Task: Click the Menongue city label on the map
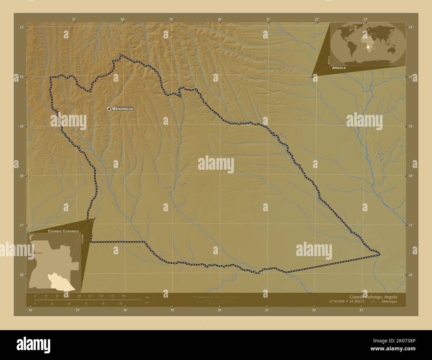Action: click(x=123, y=109)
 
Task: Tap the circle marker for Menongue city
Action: click(x=109, y=109)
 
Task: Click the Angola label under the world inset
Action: click(x=339, y=67)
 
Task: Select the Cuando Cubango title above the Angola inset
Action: click(x=63, y=231)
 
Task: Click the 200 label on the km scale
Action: click(x=123, y=296)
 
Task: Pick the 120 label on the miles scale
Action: click(x=120, y=304)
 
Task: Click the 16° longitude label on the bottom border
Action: click(x=31, y=310)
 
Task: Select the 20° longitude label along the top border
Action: click(x=220, y=19)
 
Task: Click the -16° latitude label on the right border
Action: click(x=410, y=176)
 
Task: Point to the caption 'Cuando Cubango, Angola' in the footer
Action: click(x=373, y=297)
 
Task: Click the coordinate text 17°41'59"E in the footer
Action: click(x=340, y=302)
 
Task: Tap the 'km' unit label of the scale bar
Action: click(x=147, y=297)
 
